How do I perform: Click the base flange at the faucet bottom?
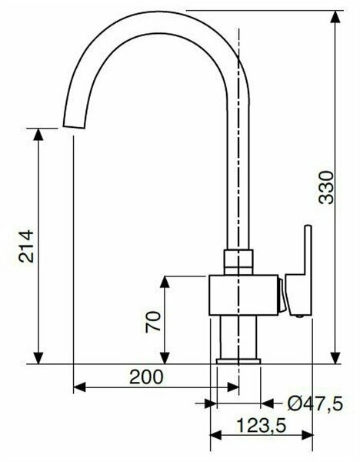(238, 360)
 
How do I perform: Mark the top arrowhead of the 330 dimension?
(335, 15)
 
